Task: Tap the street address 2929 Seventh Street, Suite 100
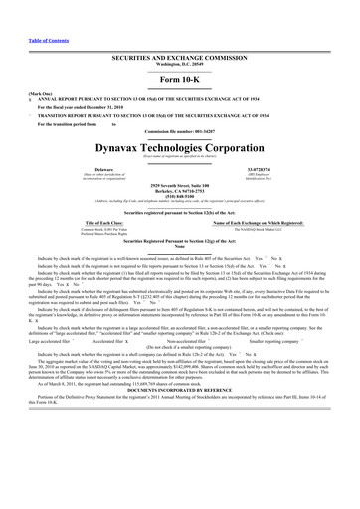click(179, 186)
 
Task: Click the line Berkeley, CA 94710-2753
click(179, 191)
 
